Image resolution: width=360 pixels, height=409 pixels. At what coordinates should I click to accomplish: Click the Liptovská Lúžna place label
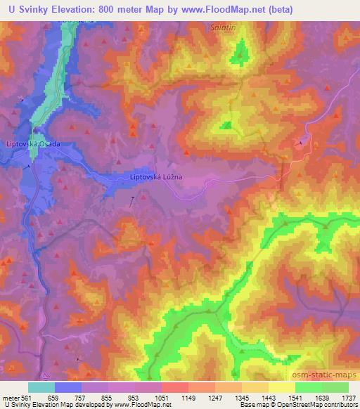156,177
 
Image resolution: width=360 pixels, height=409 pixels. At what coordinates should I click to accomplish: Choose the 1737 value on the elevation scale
347,397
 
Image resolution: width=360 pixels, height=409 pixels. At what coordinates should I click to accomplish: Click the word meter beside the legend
11,397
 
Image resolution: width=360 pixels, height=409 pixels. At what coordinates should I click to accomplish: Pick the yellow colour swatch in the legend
281,387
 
